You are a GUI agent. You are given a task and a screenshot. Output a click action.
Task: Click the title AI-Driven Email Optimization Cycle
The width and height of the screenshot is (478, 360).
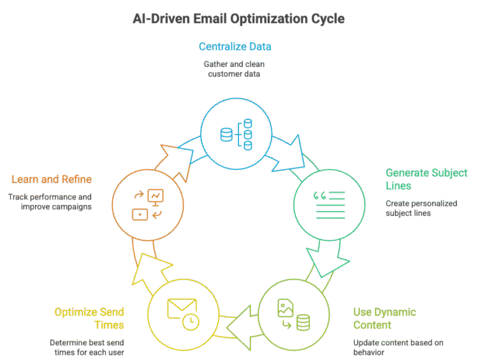pyautogui.click(x=238, y=19)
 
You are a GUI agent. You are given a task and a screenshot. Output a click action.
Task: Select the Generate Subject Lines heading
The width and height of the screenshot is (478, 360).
pyautogui.click(x=426, y=178)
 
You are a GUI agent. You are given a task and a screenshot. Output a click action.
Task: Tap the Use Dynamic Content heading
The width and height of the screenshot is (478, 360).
pyautogui.click(x=384, y=319)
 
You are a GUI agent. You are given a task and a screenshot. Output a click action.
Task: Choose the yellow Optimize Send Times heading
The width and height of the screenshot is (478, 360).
pyautogui.click(x=89, y=319)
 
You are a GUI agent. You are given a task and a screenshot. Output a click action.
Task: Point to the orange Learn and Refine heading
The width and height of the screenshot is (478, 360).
pyautogui.click(x=51, y=179)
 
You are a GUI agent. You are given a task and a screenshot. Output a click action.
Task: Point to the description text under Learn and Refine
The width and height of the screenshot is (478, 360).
pyautogui.click(x=50, y=202)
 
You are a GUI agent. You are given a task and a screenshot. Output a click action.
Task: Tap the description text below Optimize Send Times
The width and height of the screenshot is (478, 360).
pyautogui.click(x=86, y=347)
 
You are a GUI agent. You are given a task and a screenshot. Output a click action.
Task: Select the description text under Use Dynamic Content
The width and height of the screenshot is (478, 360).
pyautogui.click(x=398, y=347)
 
